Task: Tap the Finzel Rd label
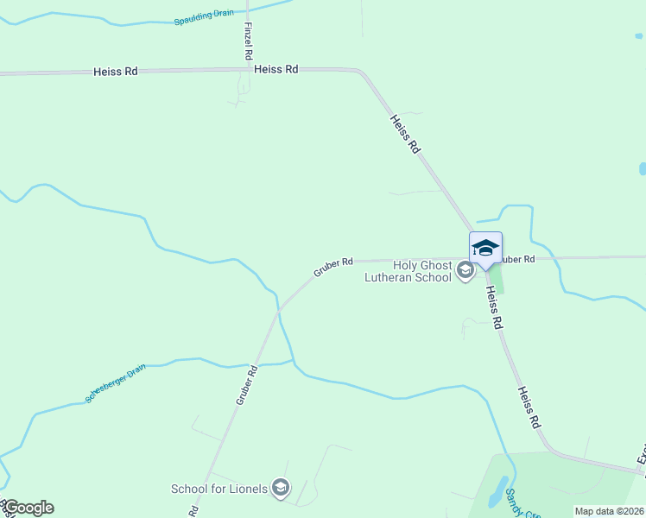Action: click(x=249, y=41)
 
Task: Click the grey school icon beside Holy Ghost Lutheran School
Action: click(x=465, y=271)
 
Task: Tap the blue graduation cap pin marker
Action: click(x=485, y=248)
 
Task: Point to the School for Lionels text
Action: click(x=219, y=489)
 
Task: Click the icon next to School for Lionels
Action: click(x=280, y=489)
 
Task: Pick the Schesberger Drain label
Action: click(x=115, y=383)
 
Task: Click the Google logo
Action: click(x=28, y=508)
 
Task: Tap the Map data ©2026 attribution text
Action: click(x=608, y=511)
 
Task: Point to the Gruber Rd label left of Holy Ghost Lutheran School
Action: click(x=333, y=267)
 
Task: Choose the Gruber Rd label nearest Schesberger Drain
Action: click(x=247, y=386)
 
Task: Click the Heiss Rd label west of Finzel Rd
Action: click(x=116, y=72)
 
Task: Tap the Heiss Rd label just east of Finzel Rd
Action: click(x=276, y=69)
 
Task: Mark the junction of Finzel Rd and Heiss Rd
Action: click(x=249, y=70)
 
